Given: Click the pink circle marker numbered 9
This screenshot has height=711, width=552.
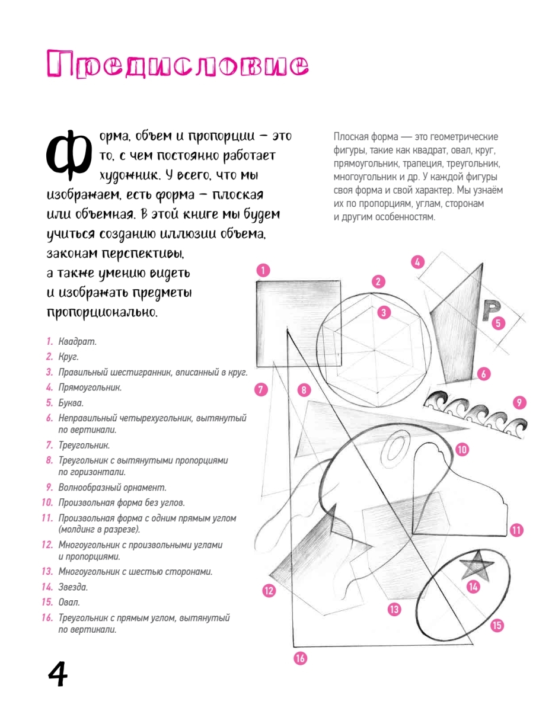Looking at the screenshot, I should tap(519, 403).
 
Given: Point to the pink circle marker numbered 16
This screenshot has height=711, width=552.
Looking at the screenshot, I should tap(301, 658).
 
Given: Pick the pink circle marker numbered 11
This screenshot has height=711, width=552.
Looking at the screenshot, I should tap(516, 530).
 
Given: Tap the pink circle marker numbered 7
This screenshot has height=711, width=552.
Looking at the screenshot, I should tap(261, 389).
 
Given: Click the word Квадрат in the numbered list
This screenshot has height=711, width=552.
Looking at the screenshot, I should tap(77, 342).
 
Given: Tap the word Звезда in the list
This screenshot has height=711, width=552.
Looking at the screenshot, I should tap(73, 587).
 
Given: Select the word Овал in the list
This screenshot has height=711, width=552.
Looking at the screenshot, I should tap(69, 602).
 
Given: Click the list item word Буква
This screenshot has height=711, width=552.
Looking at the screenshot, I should tap(71, 403).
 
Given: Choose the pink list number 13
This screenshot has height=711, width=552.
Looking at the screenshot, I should tap(47, 572).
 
